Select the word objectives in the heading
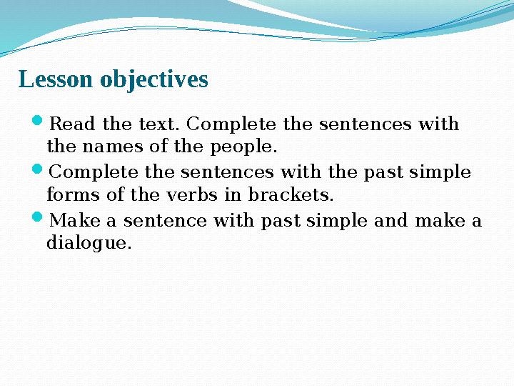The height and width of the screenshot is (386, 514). pos(154,81)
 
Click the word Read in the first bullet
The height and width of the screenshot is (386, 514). pos(75,124)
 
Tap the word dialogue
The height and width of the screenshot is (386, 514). pos(89,244)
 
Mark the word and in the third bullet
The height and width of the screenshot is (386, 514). pos(390,221)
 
